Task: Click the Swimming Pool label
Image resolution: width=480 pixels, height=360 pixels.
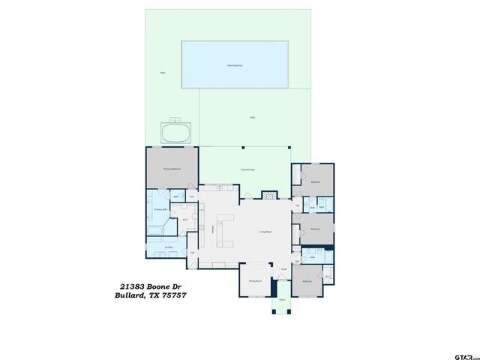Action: [x=234, y=66]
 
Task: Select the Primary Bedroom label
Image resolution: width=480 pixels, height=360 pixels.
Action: [x=172, y=169]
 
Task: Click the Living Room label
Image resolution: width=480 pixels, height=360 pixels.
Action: [x=265, y=232]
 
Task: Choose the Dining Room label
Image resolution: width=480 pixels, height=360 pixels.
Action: [x=254, y=281]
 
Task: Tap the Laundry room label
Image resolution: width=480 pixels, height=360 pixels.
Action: [x=169, y=247]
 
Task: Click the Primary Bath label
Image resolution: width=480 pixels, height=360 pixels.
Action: [x=160, y=211]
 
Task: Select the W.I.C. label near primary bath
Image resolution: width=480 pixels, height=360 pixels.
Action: [x=185, y=220]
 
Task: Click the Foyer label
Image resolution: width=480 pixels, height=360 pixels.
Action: [x=284, y=269]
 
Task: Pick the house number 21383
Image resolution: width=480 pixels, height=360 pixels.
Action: [x=133, y=286]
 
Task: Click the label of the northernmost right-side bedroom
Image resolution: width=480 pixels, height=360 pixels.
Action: [x=316, y=182]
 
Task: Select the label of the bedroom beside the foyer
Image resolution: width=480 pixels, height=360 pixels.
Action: [x=307, y=281]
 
